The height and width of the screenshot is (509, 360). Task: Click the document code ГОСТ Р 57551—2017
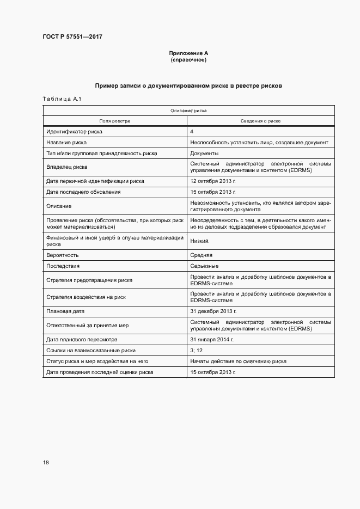click(x=72, y=36)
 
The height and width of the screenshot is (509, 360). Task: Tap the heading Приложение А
click(x=188, y=53)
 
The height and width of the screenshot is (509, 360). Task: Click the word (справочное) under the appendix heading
click(x=188, y=59)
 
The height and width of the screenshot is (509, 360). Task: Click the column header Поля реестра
click(x=114, y=121)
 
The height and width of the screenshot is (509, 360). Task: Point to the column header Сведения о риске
click(x=261, y=121)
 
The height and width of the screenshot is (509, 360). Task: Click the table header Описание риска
click(x=188, y=111)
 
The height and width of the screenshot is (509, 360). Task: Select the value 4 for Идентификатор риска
click(x=192, y=132)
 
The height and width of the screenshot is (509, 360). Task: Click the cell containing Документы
click(x=204, y=154)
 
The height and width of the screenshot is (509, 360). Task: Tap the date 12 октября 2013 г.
click(x=213, y=181)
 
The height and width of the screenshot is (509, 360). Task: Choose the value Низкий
click(x=199, y=241)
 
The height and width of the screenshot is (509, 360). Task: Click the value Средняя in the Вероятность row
click(x=202, y=255)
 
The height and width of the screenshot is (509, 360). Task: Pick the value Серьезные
click(x=205, y=266)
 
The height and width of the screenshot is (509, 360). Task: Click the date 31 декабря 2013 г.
click(x=213, y=312)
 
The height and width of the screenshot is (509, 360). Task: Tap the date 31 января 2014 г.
click(x=212, y=340)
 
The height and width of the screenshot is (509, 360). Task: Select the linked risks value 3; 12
click(x=196, y=351)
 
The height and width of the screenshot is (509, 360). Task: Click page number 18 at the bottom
click(x=46, y=462)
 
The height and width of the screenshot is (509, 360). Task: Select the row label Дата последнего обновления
click(x=83, y=192)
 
